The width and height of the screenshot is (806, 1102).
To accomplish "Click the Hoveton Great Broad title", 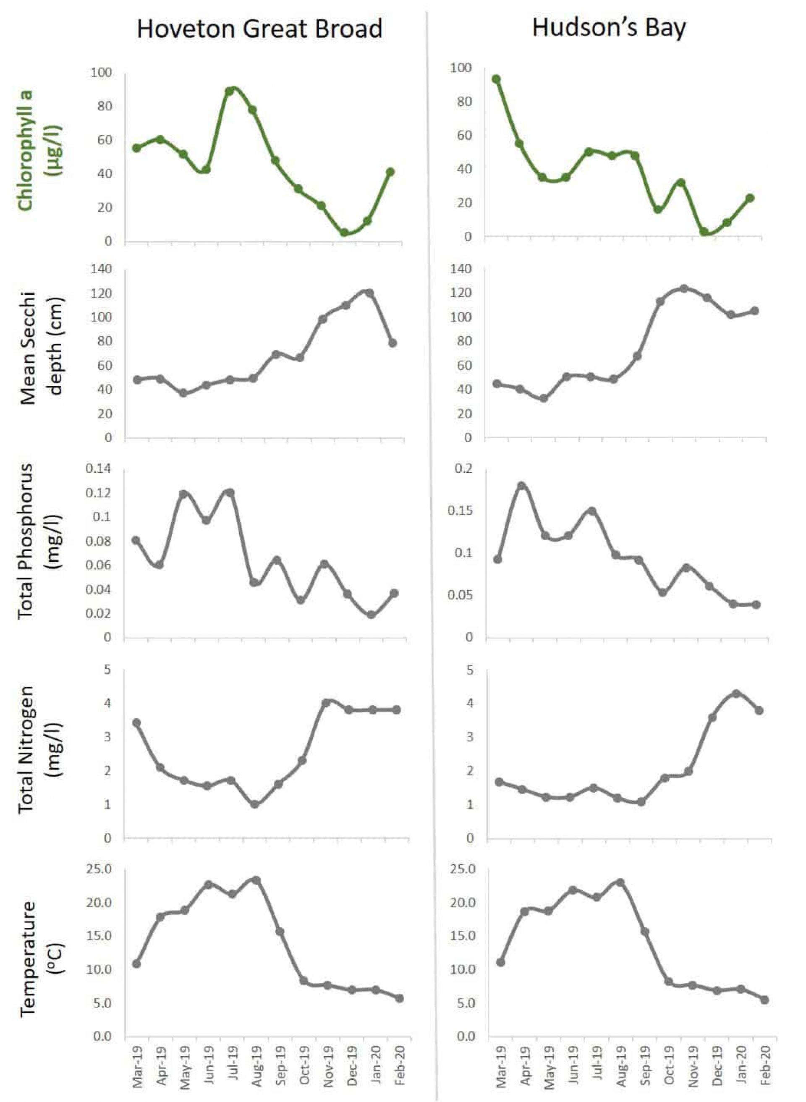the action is [x=259, y=29].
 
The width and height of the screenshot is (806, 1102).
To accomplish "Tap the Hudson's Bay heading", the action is [x=609, y=27].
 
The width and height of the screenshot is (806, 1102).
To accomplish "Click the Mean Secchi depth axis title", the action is [x=42, y=348].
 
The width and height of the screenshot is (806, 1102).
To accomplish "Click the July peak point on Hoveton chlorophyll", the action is [x=229, y=91].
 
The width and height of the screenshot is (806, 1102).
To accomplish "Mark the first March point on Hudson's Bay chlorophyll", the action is [x=496, y=79].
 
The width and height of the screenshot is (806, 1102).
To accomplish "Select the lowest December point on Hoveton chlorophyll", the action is [x=345, y=233].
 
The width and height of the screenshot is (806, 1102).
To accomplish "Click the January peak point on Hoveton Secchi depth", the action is [x=370, y=293].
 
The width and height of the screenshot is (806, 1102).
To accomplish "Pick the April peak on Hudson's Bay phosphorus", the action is [x=521, y=486].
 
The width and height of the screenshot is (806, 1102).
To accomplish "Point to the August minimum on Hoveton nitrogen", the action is [x=254, y=804].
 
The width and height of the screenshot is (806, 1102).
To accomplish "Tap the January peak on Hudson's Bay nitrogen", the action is [x=736, y=693].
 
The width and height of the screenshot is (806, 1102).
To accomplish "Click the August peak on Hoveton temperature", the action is [x=256, y=880].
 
